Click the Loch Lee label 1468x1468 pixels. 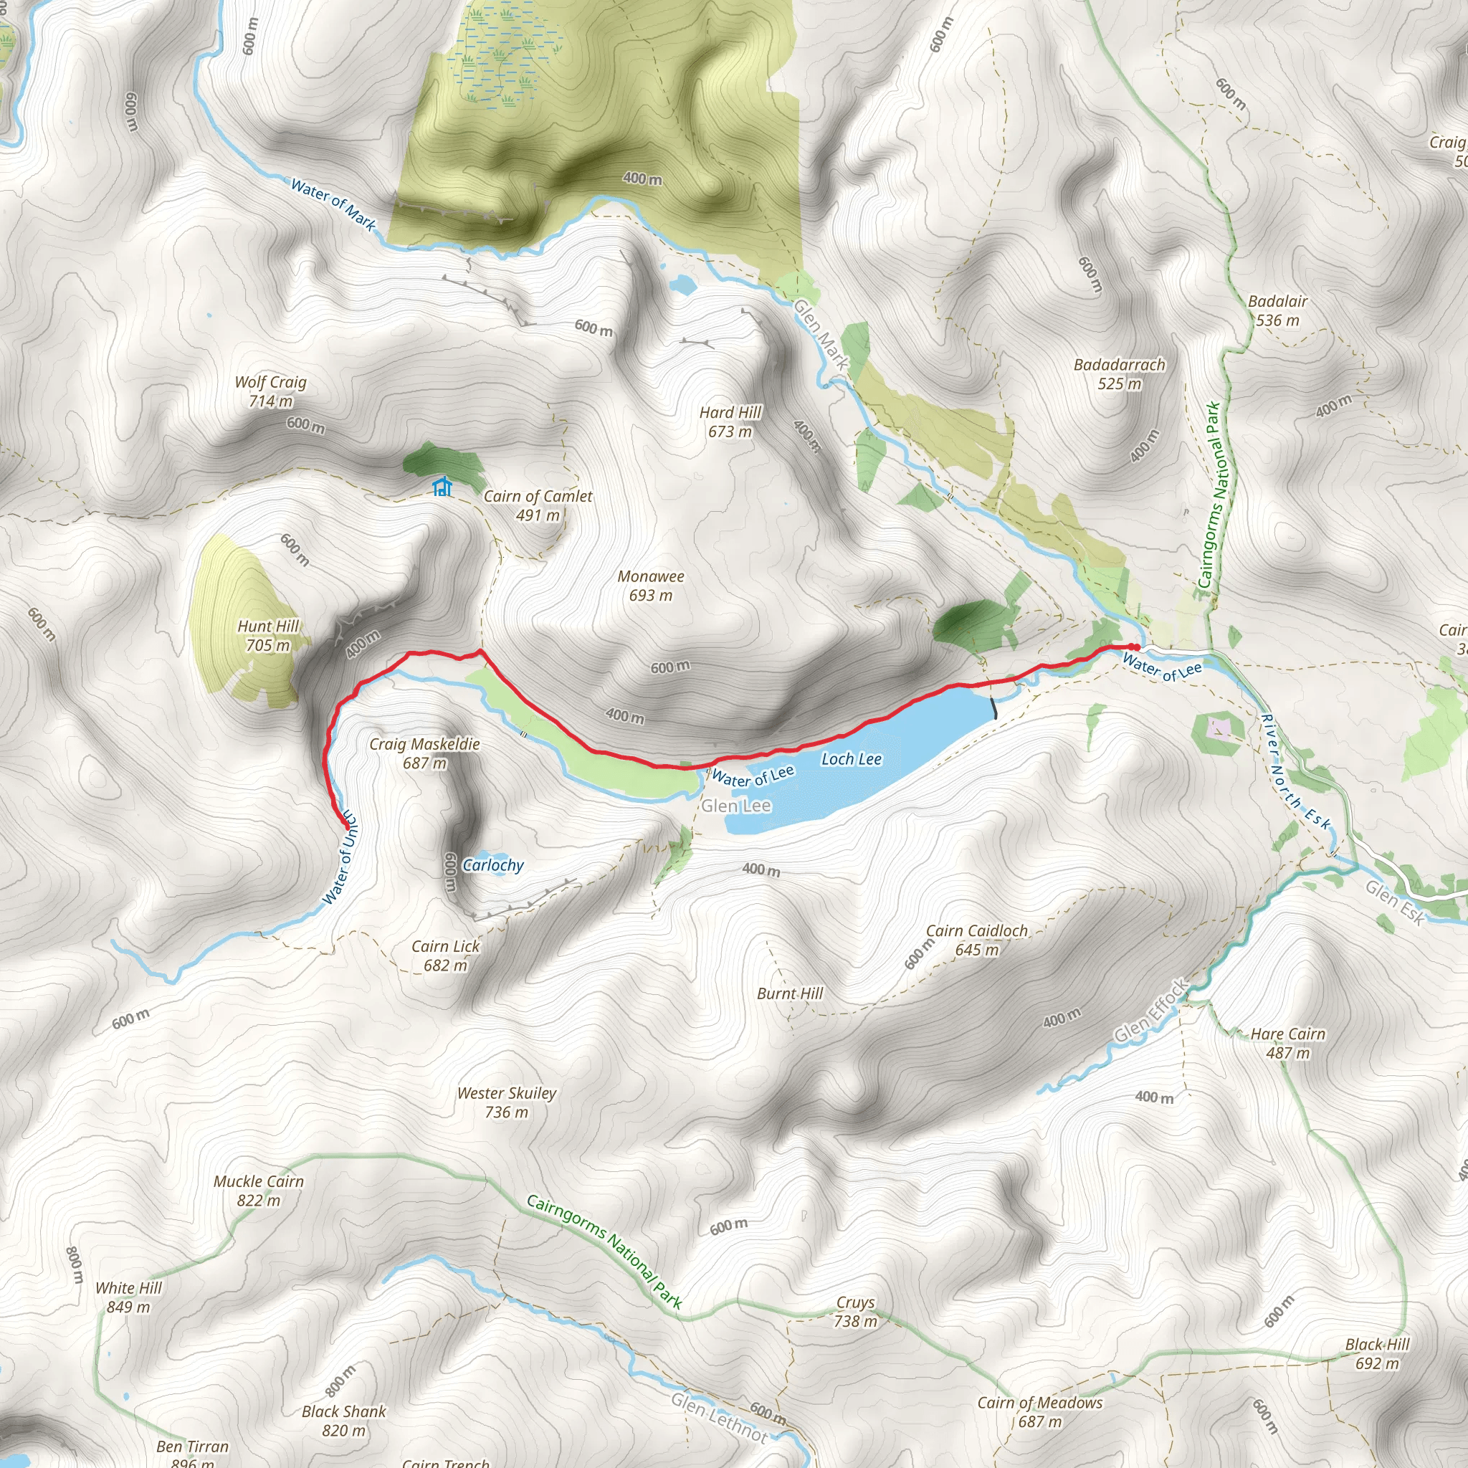click(851, 759)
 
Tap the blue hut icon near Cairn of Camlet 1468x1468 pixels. click(442, 486)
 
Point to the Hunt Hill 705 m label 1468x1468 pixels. click(268, 635)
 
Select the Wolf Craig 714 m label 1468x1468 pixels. click(270, 391)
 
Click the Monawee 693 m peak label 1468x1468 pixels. click(650, 586)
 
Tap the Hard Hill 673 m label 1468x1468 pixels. click(730, 421)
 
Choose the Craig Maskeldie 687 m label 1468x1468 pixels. click(425, 753)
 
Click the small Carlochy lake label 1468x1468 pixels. click(493, 864)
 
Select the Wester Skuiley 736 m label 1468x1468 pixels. click(507, 1102)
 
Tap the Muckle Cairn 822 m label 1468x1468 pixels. click(258, 1191)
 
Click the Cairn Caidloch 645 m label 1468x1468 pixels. click(976, 940)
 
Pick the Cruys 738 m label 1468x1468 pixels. click(856, 1312)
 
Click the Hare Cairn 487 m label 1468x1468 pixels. click(1288, 1043)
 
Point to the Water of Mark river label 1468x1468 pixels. click(333, 204)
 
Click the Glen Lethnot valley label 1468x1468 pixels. click(719, 1417)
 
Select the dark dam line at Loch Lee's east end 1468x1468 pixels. click(994, 707)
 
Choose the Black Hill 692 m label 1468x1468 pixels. click(1377, 1353)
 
